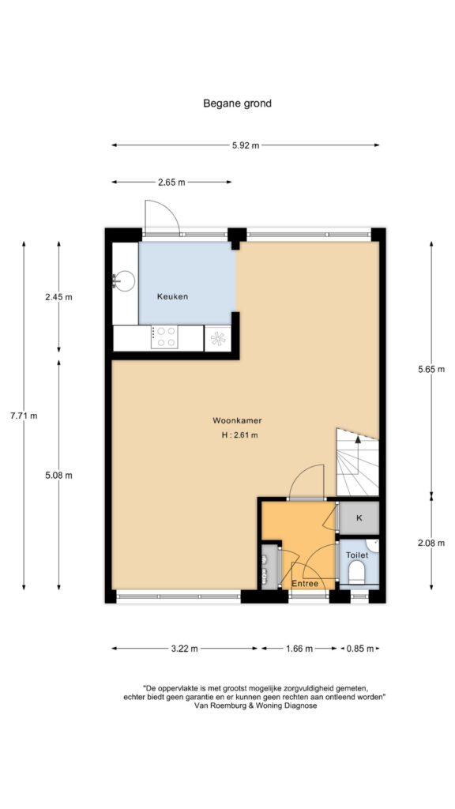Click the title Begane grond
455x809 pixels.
pyautogui.click(x=237, y=103)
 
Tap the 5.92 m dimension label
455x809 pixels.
pyautogui.click(x=246, y=145)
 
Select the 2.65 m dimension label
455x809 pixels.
pyautogui.click(x=171, y=182)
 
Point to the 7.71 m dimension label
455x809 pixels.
pyautogui.click(x=24, y=416)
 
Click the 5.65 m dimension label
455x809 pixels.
pyautogui.click(x=431, y=369)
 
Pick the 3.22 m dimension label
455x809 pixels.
pyautogui.click(x=184, y=649)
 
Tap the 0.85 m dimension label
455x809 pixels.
pyautogui.click(x=360, y=649)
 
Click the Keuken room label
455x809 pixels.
pyautogui.click(x=172, y=297)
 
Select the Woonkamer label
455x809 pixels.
pyautogui.click(x=234, y=420)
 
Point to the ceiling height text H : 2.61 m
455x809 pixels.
pyautogui.click(x=240, y=435)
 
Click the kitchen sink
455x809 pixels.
pyautogui.click(x=123, y=281)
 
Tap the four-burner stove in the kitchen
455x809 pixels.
pyautogui.click(x=164, y=337)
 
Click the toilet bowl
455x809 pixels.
pyautogui.click(x=357, y=572)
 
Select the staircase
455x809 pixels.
pyautogui.click(x=358, y=462)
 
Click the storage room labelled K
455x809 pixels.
pyautogui.click(x=359, y=517)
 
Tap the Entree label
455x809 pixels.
pyautogui.click(x=305, y=584)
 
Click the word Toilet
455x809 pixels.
pyautogui.click(x=357, y=555)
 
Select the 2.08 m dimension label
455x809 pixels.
pyautogui.click(x=431, y=543)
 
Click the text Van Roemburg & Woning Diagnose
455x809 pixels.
pyautogui.click(x=255, y=706)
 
